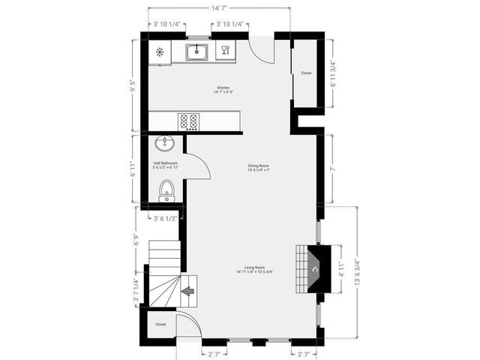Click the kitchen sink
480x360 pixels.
196,52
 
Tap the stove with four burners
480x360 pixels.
189,121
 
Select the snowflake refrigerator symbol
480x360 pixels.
160,52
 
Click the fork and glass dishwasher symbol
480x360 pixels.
223,52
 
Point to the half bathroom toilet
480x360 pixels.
167,192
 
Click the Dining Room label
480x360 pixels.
259,167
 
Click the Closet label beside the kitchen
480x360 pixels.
306,73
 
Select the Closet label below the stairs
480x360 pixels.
160,324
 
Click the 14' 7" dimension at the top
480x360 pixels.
219,8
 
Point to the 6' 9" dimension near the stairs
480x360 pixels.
136,241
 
